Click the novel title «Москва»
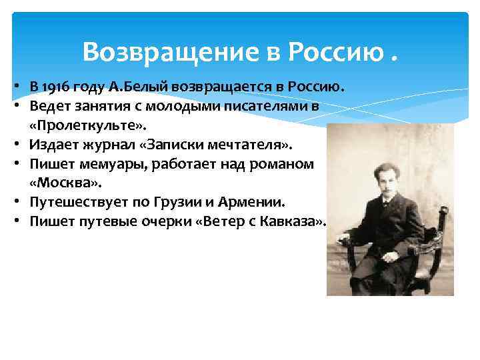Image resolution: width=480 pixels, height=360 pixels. [58, 182]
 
